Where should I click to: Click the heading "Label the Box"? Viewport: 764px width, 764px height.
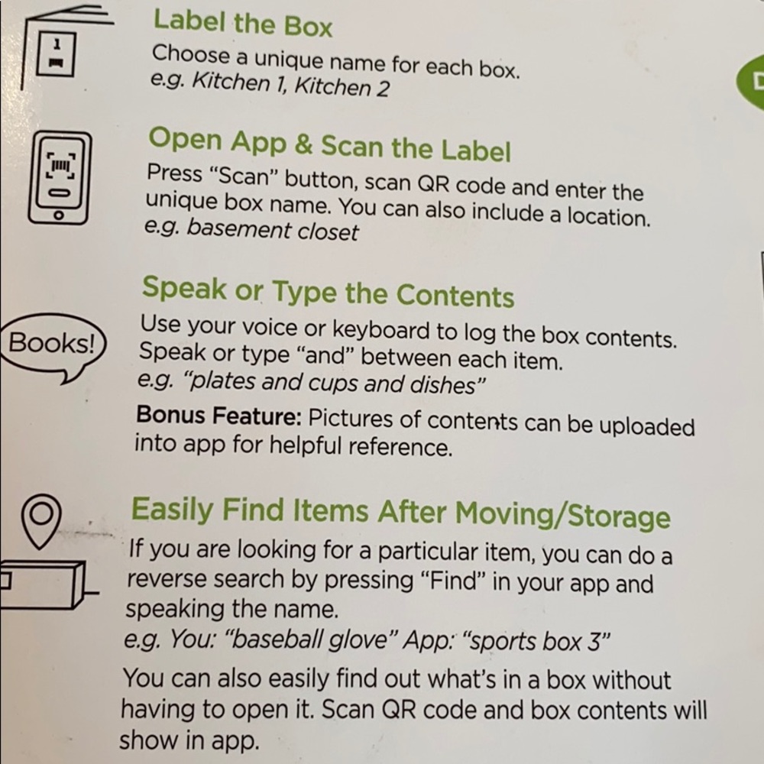click(x=243, y=24)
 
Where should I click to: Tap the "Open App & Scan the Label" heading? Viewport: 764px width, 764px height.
click(x=329, y=144)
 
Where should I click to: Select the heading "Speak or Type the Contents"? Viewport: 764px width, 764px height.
click(x=328, y=292)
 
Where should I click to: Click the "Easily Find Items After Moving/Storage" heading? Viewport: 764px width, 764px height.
click(x=400, y=513)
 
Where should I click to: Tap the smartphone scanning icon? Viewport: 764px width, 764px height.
click(x=60, y=178)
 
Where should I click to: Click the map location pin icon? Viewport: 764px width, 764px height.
click(x=41, y=521)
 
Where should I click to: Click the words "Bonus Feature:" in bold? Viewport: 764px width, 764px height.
click(x=219, y=416)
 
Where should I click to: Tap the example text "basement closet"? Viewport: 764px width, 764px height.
click(x=273, y=230)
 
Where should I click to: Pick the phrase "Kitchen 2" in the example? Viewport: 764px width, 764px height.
click(x=342, y=87)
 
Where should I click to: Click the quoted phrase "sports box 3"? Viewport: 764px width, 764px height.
click(x=538, y=643)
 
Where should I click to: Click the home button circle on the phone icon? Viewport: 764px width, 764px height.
click(x=59, y=215)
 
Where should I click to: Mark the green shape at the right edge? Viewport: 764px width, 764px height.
click(x=750, y=81)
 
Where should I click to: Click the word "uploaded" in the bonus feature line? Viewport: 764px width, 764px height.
click(x=646, y=427)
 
